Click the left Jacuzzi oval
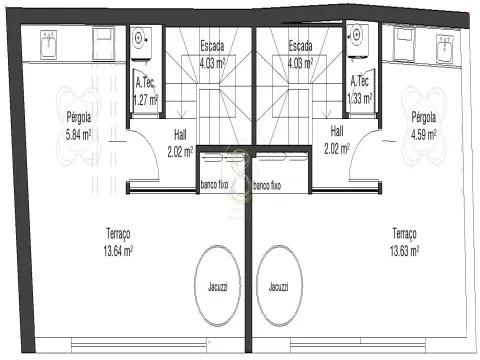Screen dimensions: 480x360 click(x=195, y=286)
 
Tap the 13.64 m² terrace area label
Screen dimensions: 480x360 click(x=118, y=251)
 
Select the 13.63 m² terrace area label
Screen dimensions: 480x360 click(x=404, y=251)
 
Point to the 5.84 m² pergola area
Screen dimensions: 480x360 click(x=78, y=135)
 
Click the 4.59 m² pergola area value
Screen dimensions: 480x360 click(x=424, y=135)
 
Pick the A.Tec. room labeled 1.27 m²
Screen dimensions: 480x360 click(x=146, y=91)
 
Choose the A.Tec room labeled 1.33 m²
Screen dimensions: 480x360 click(x=360, y=89)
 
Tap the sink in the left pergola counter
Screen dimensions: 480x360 click(x=49, y=45)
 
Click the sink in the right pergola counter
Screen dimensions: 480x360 click(x=445, y=49)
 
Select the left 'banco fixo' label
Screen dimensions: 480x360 click(x=214, y=184)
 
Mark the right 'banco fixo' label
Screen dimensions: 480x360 click(x=267, y=185)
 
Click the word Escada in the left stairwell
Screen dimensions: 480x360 click(x=212, y=46)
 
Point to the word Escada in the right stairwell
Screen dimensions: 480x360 click(x=300, y=46)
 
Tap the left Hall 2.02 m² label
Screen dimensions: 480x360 click(x=180, y=143)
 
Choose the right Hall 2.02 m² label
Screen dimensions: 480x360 click(x=337, y=140)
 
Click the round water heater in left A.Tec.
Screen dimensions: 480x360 click(x=138, y=38)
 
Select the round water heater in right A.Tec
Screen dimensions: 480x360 click(x=357, y=34)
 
